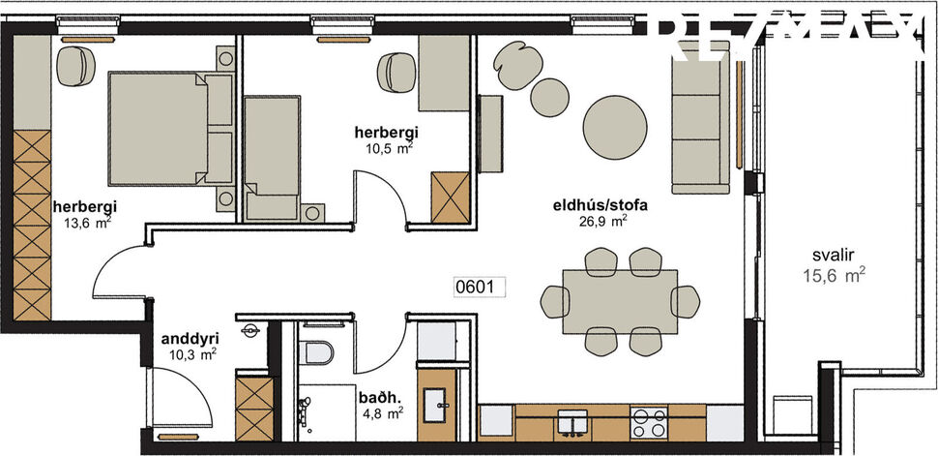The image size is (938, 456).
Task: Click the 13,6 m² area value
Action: pos(85,221)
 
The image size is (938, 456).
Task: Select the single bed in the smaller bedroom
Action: pos(272,155)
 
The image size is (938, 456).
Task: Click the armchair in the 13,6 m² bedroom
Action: pos(73,67)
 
